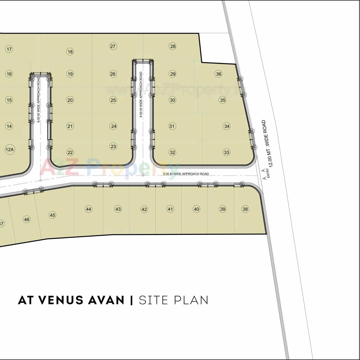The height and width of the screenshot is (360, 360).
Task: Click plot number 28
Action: pyautogui.click(x=173, y=46)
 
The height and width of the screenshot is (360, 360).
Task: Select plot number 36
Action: pyautogui.click(x=219, y=74)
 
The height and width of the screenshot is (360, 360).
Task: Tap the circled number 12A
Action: pyautogui.click(x=10, y=149)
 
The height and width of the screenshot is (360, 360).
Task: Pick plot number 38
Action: pyautogui.click(x=245, y=209)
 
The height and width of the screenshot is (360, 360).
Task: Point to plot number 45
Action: pyautogui.click(x=52, y=215)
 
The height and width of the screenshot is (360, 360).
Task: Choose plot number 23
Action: pyautogui.click(x=113, y=146)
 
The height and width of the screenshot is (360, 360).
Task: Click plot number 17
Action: pyautogui.click(x=9, y=49)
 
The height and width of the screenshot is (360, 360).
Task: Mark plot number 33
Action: pyautogui.click(x=227, y=152)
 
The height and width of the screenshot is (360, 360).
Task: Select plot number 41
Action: pyautogui.click(x=170, y=209)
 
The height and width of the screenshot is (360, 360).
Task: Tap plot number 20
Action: pyautogui.click(x=70, y=100)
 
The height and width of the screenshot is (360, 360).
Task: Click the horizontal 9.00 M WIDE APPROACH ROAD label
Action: pyautogui.click(x=186, y=174)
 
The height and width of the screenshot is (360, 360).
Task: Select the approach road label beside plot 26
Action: pyautogui.click(x=141, y=94)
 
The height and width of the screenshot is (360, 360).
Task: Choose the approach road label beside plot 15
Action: pyautogui.click(x=39, y=100)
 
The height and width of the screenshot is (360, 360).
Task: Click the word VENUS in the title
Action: pyautogui.click(x=61, y=300)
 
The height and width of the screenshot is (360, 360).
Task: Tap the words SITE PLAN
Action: pyautogui.click(x=174, y=300)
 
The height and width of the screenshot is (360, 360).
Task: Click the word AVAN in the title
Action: pyautogui.click(x=106, y=300)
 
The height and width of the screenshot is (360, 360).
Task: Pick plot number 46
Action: pyautogui.click(x=26, y=219)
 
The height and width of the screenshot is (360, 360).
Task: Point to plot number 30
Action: pyautogui.click(x=172, y=100)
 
